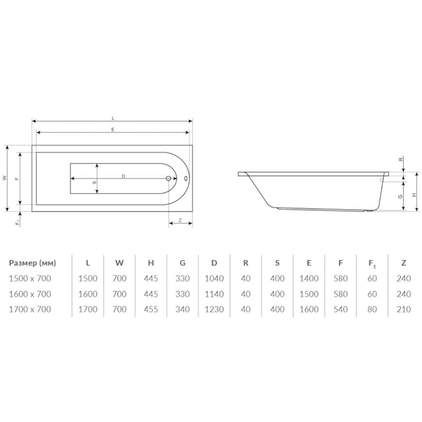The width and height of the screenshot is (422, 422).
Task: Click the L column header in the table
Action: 88,263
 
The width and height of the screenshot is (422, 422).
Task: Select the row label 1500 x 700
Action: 30,278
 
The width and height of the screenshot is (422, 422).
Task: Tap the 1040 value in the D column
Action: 214,278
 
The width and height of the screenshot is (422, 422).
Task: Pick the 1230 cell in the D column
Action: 214,309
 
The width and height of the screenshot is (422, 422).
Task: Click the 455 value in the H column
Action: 151,309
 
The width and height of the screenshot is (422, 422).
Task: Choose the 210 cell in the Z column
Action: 404,309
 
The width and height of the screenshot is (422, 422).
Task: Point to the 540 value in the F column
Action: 341,309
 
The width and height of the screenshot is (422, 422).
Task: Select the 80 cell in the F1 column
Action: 372,309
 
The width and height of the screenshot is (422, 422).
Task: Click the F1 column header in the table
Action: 372,264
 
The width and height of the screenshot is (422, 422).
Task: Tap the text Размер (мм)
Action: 32,263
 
